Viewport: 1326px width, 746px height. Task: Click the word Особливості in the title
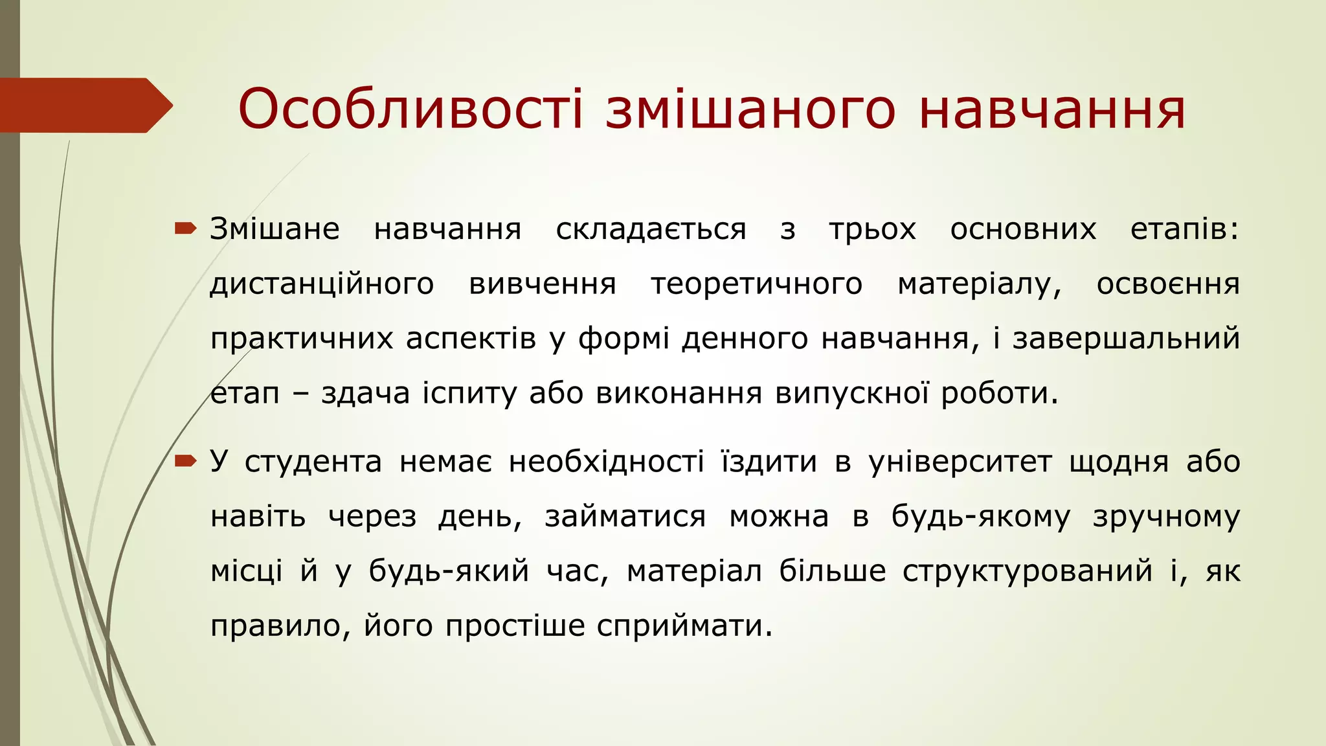[x=410, y=109]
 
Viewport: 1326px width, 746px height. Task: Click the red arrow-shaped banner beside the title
[x=84, y=105]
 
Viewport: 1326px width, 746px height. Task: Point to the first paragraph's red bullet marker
[x=185, y=228]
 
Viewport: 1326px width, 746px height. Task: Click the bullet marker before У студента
[x=185, y=461]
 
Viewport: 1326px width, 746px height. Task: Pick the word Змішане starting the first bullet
[x=275, y=229]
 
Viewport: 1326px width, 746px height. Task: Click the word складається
[x=651, y=229]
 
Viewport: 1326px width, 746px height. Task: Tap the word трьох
[x=872, y=229]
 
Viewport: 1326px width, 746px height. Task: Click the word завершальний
[x=1126, y=339]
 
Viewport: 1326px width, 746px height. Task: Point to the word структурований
[x=1028, y=571]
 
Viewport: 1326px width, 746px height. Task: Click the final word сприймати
[x=684, y=626]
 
